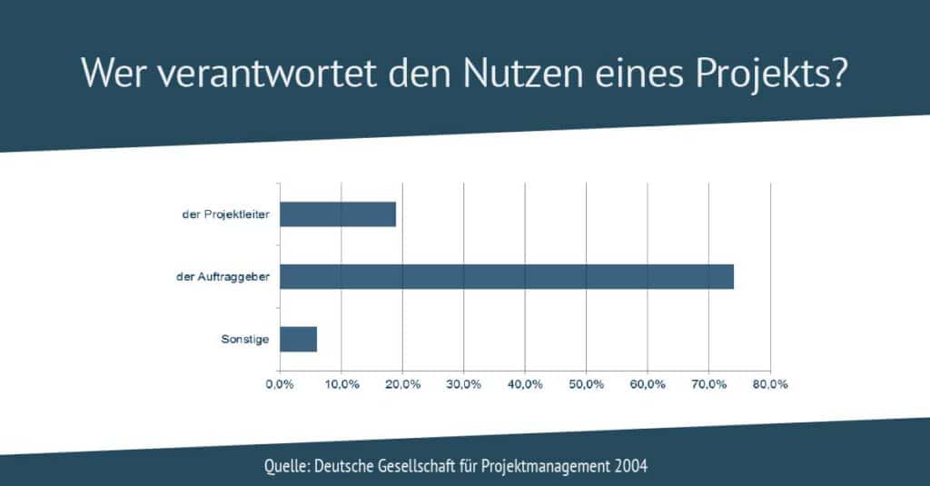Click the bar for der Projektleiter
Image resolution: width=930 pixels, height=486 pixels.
point(338,214)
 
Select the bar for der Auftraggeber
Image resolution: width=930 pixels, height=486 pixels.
point(507,276)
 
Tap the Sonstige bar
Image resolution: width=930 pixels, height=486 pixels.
point(298,340)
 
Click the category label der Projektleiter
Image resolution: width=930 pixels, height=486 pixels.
point(225,214)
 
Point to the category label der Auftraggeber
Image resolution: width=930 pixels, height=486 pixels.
point(223,276)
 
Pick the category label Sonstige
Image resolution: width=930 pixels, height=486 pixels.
point(245,340)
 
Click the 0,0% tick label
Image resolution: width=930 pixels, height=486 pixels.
point(280,384)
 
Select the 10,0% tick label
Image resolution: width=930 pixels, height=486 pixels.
point(341,384)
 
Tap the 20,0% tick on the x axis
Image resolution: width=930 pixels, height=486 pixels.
point(402,384)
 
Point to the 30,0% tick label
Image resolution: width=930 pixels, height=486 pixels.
point(464,384)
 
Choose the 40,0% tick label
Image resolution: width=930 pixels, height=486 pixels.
point(525,384)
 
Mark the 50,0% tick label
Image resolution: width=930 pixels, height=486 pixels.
point(586,384)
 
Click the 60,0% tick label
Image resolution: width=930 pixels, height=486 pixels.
point(648,384)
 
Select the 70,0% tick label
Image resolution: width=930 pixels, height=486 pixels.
point(708,384)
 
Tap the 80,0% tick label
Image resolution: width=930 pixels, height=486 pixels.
point(770,384)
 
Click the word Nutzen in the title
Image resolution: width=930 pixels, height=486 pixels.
point(523,73)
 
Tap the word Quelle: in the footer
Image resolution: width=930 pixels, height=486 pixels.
point(287,466)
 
